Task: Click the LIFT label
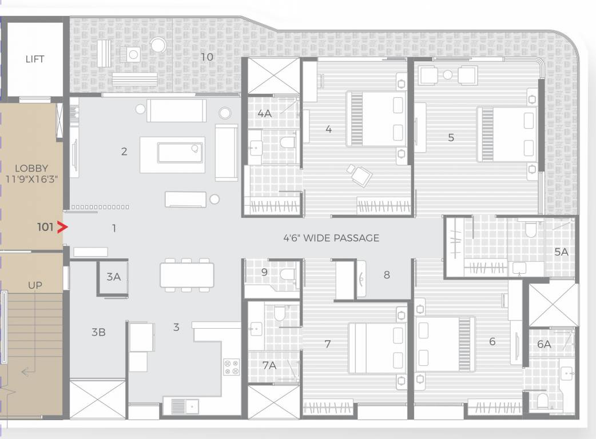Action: tap(34, 59)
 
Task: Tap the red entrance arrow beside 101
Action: tap(62, 227)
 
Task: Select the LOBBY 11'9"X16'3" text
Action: tap(31, 173)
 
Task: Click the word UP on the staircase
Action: tap(35, 285)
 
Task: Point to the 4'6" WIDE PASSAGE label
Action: tap(331, 238)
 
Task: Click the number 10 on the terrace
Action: tap(207, 57)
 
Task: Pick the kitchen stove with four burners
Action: tap(232, 366)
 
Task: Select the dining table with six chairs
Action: tap(186, 275)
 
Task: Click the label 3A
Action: tap(113, 277)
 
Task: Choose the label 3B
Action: tap(98, 332)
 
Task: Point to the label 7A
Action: tap(269, 365)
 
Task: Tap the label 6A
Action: tap(544, 344)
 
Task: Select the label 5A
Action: tap(561, 252)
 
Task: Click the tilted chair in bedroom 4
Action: tap(359, 175)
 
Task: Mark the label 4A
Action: tap(265, 113)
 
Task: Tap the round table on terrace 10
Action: tap(158, 45)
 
